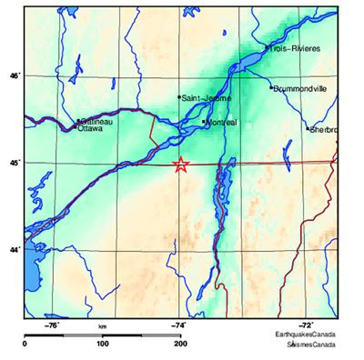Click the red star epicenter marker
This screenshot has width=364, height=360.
[180, 165]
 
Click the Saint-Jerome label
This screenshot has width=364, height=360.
[207, 98]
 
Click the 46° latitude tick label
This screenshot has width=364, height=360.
[13, 76]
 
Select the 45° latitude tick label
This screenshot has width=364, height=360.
[13, 163]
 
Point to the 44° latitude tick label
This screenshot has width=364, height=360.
[13, 249]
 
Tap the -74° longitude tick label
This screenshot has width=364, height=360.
[178, 324]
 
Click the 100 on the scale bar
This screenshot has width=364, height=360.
[102, 344]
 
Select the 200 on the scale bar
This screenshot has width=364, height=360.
[180, 344]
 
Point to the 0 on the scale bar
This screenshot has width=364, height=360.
[25, 344]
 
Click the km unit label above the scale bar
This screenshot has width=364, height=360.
[102, 325]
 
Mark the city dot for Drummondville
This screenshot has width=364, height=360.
[271, 87]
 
